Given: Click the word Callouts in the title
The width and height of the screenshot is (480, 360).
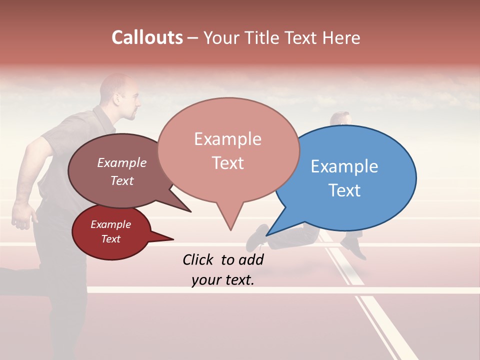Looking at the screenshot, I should pos(147,37).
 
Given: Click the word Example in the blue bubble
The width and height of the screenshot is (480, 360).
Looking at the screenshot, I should pos(344,166).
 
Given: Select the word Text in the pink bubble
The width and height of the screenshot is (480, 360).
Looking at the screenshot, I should pos(228,163).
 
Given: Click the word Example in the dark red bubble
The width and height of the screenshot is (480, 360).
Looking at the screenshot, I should pos(110,224).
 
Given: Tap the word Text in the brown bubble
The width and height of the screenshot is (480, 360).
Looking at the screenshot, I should pos(122,180).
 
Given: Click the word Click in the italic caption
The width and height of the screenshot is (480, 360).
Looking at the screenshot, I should pos(199,259).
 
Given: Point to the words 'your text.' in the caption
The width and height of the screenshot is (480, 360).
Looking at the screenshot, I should pos(222,280).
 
